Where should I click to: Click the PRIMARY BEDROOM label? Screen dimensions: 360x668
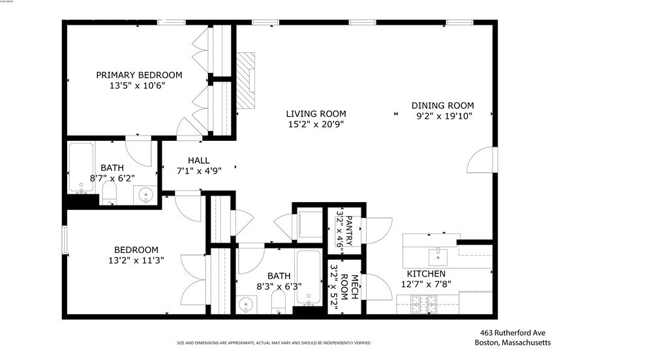pyautogui.click(x=139, y=75)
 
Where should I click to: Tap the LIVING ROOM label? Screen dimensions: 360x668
pyautogui.click(x=316, y=113)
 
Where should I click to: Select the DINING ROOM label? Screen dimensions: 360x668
pyautogui.click(x=442, y=106)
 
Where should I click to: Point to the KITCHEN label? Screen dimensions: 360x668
pyautogui.click(x=426, y=274)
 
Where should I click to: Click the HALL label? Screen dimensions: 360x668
pyautogui.click(x=198, y=160)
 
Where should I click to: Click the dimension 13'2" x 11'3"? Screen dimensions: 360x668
pyautogui.click(x=136, y=260)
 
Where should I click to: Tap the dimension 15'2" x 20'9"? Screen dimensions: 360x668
pyautogui.click(x=316, y=124)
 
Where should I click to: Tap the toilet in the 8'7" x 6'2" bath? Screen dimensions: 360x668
pyautogui.click(x=109, y=192)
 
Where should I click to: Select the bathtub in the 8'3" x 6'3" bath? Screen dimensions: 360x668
pyautogui.click(x=307, y=278)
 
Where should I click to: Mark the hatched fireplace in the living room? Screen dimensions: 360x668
pyautogui.click(x=247, y=80)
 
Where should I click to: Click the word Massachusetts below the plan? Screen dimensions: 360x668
pyautogui.click(x=526, y=343)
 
